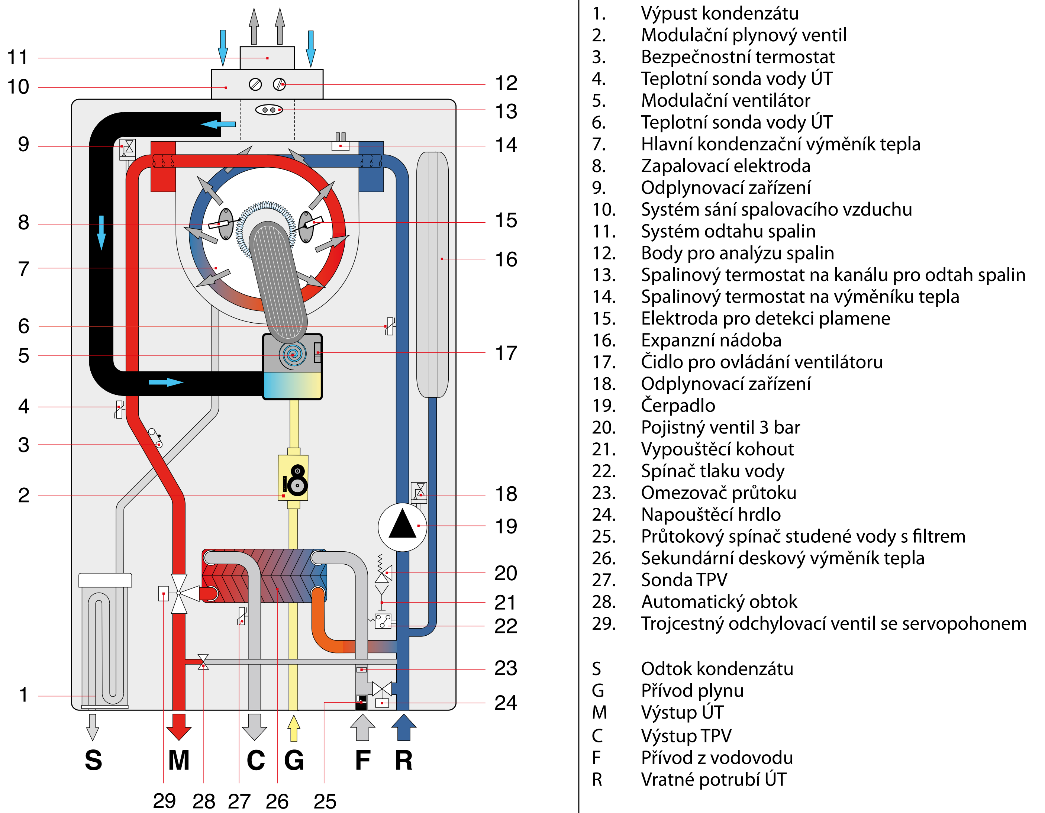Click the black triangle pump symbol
[x=402, y=525]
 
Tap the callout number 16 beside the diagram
[x=506, y=259]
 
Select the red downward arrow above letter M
[x=178, y=726]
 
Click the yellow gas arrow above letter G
[x=293, y=728]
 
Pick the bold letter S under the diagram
[x=93, y=760]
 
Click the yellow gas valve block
[x=293, y=478]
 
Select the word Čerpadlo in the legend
[x=678, y=405]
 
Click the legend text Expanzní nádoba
[x=711, y=340]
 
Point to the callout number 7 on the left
[x=23, y=269]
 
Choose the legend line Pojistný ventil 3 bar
[x=720, y=427]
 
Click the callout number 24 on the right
[x=506, y=703]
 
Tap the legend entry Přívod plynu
[x=692, y=690]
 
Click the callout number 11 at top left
[x=18, y=57]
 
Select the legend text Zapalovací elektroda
[x=725, y=166]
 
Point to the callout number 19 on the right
[x=506, y=526]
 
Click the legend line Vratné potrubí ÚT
[x=713, y=780]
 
